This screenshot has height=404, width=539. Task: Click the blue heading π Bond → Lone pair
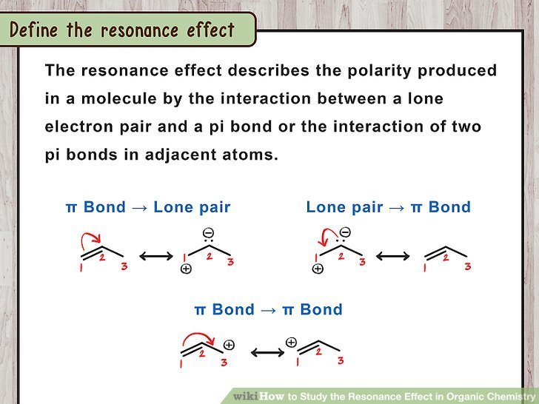pos(148,207)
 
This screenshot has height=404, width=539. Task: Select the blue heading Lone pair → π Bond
pos(388,207)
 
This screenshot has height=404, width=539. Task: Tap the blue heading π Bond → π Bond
pos(268,309)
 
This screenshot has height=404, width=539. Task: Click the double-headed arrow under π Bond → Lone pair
pos(156,256)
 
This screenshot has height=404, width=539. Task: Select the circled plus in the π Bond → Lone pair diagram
pos(186,269)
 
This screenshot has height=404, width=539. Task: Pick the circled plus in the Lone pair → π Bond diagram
pos(318,269)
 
